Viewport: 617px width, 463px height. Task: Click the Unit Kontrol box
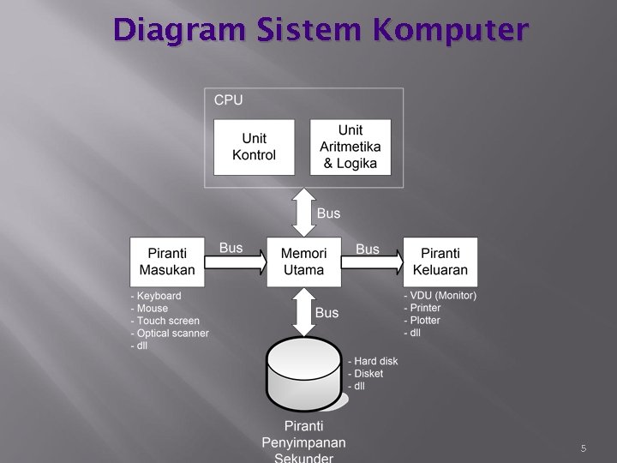coord(254,147)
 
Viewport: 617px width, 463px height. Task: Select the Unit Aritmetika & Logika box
coord(350,147)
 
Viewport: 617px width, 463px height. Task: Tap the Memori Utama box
coord(303,262)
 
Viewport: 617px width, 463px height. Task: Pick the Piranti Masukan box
coord(167,262)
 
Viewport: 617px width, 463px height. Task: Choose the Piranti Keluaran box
coord(440,262)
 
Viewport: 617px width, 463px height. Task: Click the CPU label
coord(228,100)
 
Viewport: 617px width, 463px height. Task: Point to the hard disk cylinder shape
coord(303,376)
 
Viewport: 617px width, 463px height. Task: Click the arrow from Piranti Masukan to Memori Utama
coord(236,262)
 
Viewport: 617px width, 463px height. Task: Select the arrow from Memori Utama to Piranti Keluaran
coord(372,262)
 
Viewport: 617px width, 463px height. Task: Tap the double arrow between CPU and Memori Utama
coord(303,213)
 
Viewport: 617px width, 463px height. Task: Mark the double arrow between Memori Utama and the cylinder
coord(303,311)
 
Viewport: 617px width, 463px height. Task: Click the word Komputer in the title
coord(451,31)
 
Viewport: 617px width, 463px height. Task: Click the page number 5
coord(583,448)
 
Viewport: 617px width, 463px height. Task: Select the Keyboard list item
coord(159,296)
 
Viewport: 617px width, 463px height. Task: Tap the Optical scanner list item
coord(172,333)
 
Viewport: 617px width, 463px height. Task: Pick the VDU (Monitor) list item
coord(442,296)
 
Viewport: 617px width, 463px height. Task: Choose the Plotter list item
coord(424,321)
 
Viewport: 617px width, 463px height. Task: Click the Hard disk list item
coord(375,361)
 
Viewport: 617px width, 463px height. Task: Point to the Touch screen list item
coord(168,321)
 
